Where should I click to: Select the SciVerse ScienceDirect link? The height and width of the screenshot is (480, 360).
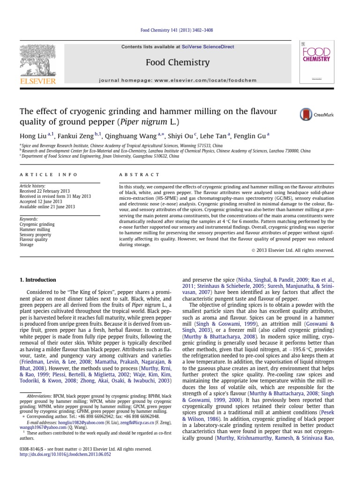click(x=208, y=47)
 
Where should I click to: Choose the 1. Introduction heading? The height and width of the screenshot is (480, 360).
click(x=37, y=280)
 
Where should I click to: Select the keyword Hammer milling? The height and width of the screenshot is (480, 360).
click(x=35, y=230)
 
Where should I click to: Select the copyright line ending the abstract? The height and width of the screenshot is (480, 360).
click(x=293, y=250)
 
